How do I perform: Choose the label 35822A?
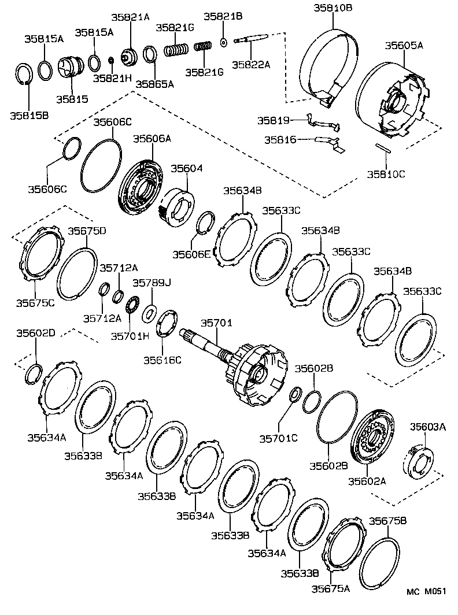[251, 65]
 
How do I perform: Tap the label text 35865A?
[154, 83]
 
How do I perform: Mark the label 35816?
[280, 139]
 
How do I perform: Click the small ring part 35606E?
[204, 223]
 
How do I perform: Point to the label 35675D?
[87, 231]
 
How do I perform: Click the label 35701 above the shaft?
[216, 323]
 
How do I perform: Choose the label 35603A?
[428, 427]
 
